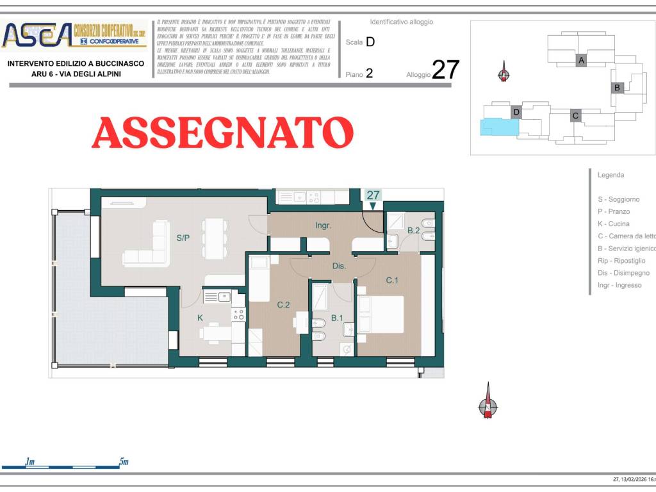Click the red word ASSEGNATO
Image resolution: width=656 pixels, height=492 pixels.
click(222, 133)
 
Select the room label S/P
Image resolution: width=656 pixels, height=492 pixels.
click(183, 238)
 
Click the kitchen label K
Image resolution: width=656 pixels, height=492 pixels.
click(200, 318)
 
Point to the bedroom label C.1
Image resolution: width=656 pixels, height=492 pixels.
click(392, 280)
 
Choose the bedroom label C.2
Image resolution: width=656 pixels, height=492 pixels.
click(283, 305)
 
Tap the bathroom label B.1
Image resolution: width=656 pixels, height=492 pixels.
click(337, 318)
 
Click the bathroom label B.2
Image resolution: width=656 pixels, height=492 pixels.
click(413, 231)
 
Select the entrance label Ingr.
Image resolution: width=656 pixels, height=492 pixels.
click(323, 225)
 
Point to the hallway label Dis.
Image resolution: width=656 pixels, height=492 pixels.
click(339, 265)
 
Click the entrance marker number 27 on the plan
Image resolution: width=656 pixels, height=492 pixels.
click(373, 195)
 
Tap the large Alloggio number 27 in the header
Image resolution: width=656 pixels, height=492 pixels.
click(445, 70)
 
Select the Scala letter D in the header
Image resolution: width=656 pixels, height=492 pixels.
click(370, 42)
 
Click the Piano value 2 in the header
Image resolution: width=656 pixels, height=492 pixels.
click(369, 74)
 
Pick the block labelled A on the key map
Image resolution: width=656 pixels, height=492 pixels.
click(581, 60)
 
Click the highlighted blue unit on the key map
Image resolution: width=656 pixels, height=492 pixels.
click(498, 127)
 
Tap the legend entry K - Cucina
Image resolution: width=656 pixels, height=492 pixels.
click(613, 224)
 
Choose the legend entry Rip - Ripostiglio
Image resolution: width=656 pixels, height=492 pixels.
click(621, 261)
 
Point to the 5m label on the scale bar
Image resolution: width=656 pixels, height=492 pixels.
click(124, 462)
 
